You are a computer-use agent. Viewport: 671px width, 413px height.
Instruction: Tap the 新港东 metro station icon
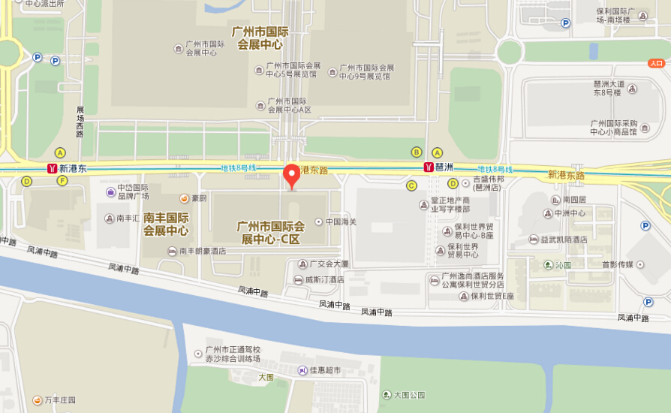point(52,168)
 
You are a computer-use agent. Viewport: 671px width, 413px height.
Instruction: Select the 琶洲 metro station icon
point(429,167)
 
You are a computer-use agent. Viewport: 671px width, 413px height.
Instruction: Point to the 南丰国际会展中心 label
point(166,225)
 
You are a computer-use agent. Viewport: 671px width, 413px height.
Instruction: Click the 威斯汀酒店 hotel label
point(324,279)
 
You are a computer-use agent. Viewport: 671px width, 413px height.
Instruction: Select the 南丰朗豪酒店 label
point(202,251)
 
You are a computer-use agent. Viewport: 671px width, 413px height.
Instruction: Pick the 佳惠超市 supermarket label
point(325,370)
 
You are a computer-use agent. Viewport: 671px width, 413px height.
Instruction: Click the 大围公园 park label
point(408,394)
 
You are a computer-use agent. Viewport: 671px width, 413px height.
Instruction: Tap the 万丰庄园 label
point(60,400)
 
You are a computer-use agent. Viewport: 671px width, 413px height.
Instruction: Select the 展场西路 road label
point(80,122)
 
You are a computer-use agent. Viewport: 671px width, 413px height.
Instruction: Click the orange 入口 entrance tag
point(656,64)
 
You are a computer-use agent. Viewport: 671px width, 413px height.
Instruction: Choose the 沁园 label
point(562,265)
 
